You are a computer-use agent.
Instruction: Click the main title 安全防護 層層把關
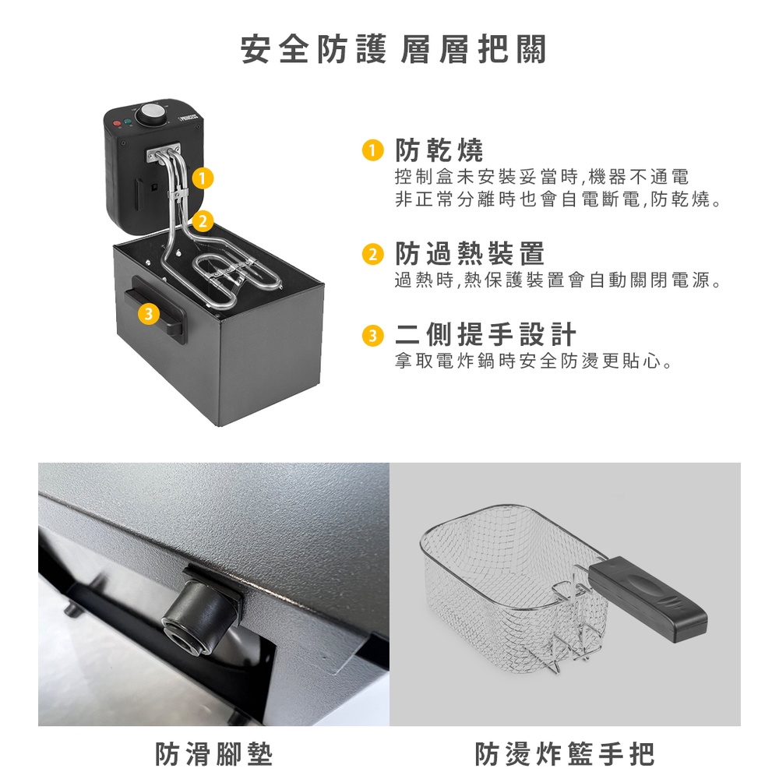pyautogui.click(x=393, y=49)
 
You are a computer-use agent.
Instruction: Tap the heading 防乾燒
pyautogui.click(x=439, y=150)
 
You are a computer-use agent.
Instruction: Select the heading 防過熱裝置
pyautogui.click(x=470, y=253)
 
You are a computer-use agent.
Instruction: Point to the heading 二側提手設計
pyautogui.click(x=486, y=334)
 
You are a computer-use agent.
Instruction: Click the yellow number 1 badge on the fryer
pyautogui.click(x=202, y=178)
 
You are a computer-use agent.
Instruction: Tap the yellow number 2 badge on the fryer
pyautogui.click(x=203, y=220)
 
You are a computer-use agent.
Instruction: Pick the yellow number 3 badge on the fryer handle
pyautogui.click(x=148, y=313)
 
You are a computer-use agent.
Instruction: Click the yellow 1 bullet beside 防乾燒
pyautogui.click(x=372, y=150)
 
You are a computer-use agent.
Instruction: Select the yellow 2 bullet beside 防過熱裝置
pyautogui.click(x=372, y=254)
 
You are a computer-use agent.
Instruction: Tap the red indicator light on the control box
pyautogui.click(x=118, y=123)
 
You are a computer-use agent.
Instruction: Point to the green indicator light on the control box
pyautogui.click(x=128, y=122)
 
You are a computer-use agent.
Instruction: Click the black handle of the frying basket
pyautogui.click(x=647, y=599)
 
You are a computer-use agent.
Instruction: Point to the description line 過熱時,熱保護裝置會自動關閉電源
pyautogui.click(x=558, y=280)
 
